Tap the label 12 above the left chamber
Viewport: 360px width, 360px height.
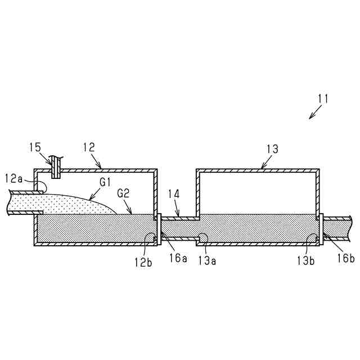[89, 148]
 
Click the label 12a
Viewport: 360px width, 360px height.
[13, 179]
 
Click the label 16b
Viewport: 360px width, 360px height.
[345, 258]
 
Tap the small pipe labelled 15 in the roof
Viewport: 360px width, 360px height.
[56, 167]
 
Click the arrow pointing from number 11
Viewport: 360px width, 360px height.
[314, 114]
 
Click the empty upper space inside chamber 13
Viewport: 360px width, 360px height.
[257, 191]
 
